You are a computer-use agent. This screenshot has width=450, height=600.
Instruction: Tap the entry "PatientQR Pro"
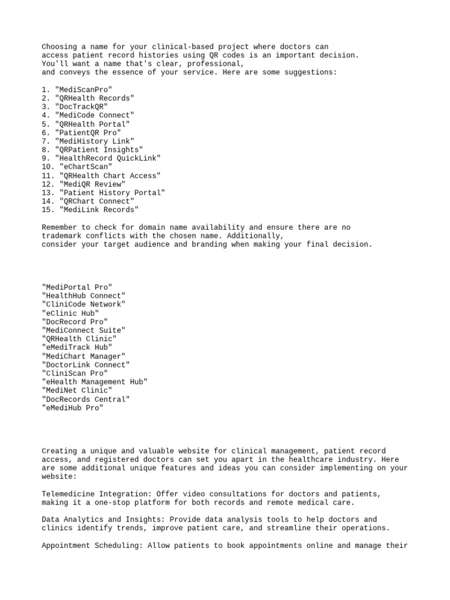coord(87,132)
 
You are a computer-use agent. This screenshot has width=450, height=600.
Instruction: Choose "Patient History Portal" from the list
coord(112,192)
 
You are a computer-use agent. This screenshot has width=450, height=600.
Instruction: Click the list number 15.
coord(47,210)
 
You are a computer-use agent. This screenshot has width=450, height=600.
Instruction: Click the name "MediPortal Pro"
coord(77,287)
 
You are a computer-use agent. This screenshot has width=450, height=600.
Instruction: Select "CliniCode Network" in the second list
coord(83,304)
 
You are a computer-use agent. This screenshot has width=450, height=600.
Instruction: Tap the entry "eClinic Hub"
coord(70,313)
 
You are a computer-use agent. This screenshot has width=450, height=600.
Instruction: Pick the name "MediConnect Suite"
coord(83,330)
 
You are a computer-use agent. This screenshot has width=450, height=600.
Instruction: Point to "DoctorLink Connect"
coord(86,364)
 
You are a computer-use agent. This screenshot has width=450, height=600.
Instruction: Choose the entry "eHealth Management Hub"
coord(94,381)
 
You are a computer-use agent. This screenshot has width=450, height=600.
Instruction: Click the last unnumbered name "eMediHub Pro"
coord(73,407)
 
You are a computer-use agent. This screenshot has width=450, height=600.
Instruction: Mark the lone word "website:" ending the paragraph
coord(59,477)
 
